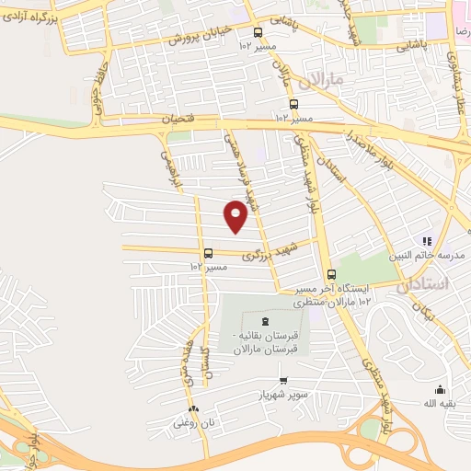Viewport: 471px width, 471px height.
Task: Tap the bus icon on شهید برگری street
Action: (x=208, y=253)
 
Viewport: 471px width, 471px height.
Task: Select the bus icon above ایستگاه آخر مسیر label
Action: (x=331, y=273)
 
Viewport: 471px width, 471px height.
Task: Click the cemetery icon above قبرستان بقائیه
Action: (x=265, y=320)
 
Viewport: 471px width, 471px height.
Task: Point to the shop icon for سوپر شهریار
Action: (x=283, y=382)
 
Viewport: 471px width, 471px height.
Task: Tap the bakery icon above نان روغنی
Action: (x=192, y=410)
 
